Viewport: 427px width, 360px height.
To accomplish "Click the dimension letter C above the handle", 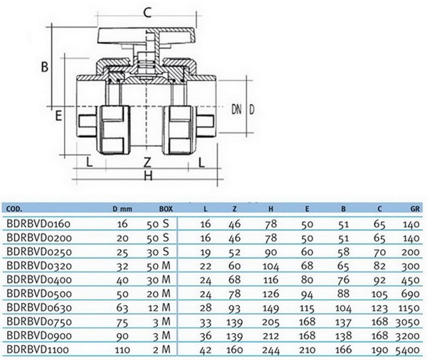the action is click(x=147, y=13).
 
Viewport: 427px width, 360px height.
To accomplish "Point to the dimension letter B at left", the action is click(x=45, y=67).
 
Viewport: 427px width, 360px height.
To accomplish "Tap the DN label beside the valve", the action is click(x=236, y=110).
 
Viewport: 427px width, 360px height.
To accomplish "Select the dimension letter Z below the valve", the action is click(x=147, y=163).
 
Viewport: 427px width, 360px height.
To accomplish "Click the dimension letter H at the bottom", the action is click(x=148, y=176).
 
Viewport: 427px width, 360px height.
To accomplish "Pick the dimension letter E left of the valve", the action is click(x=58, y=116).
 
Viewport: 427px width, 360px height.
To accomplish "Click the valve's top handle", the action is click(x=147, y=36).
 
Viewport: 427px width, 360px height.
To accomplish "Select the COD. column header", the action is click(x=14, y=209).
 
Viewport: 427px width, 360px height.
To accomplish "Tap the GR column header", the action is click(x=415, y=209).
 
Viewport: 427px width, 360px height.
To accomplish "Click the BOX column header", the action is click(x=166, y=209).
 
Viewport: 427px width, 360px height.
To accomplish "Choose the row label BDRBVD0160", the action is click(x=38, y=223).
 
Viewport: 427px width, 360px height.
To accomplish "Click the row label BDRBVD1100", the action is click(x=38, y=349).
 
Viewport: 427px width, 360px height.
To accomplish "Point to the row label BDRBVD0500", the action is click(x=39, y=294).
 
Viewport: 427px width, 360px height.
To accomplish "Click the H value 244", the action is click(x=271, y=350).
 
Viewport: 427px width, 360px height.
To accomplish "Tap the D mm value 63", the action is click(x=122, y=308).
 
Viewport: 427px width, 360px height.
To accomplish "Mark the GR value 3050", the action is click(x=407, y=322).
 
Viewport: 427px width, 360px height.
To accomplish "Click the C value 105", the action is click(x=379, y=294).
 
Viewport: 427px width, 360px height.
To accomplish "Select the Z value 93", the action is click(x=234, y=308).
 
